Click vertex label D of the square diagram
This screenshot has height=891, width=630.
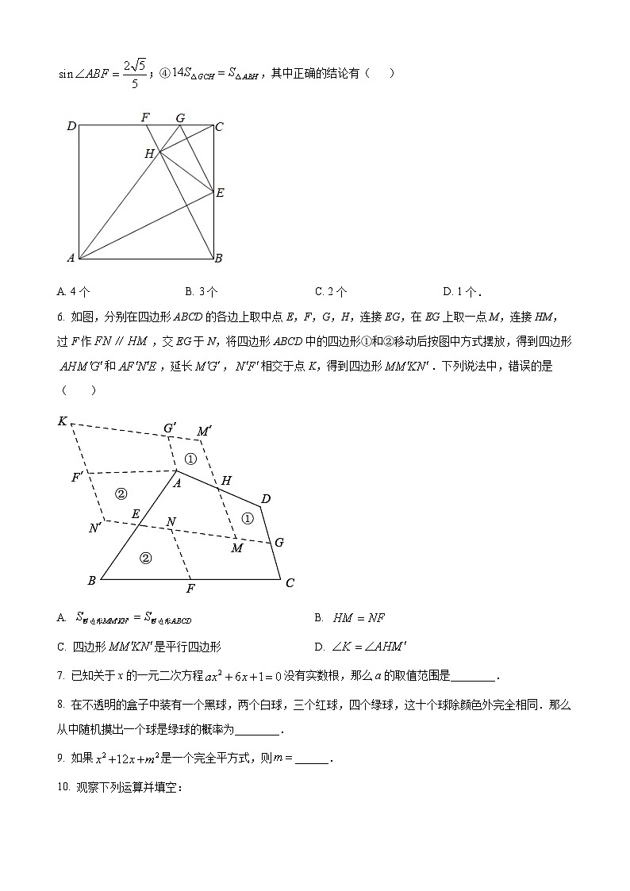(71, 125)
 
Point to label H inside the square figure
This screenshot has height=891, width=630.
(149, 154)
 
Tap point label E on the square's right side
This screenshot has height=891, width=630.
(220, 192)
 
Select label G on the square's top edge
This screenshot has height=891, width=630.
(180, 117)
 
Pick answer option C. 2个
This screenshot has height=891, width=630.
(331, 291)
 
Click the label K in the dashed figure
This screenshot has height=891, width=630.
(62, 421)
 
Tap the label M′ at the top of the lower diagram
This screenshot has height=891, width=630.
(204, 431)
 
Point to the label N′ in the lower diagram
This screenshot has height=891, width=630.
(94, 528)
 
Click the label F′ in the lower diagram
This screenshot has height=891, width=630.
(77, 478)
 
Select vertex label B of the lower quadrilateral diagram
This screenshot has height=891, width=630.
(91, 581)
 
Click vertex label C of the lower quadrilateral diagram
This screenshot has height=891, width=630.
(290, 583)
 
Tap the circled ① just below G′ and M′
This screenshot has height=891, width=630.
(190, 459)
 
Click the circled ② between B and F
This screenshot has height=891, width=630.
(145, 558)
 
